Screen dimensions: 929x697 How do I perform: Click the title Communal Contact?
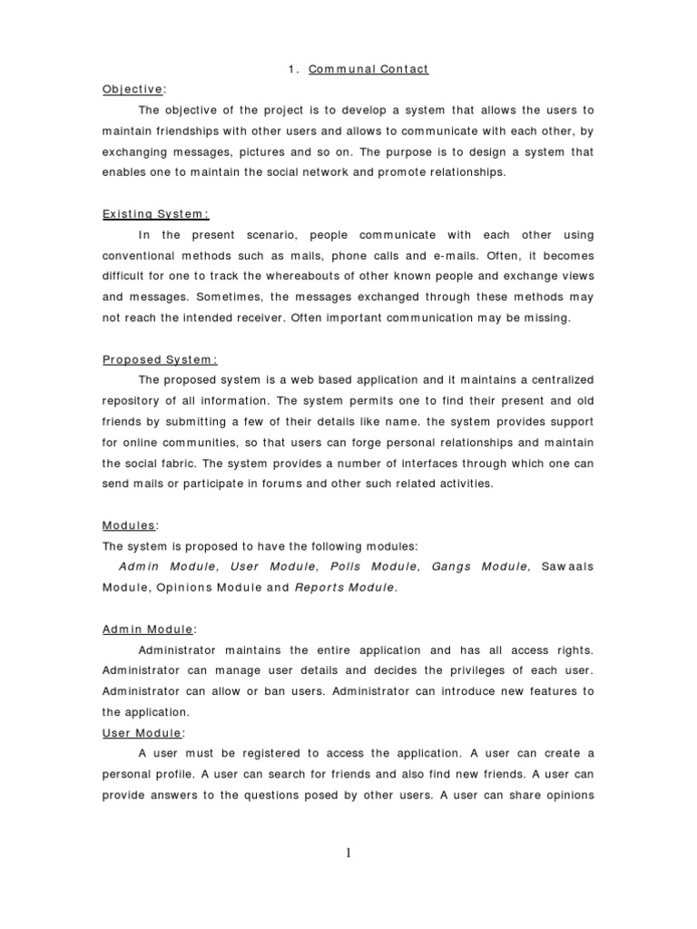click(356, 69)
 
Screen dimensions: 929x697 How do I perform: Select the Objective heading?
click(133, 89)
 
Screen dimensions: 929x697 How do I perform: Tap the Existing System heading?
click(154, 214)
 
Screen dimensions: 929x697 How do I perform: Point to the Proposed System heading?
click(160, 358)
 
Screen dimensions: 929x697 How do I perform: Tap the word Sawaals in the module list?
click(566, 567)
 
